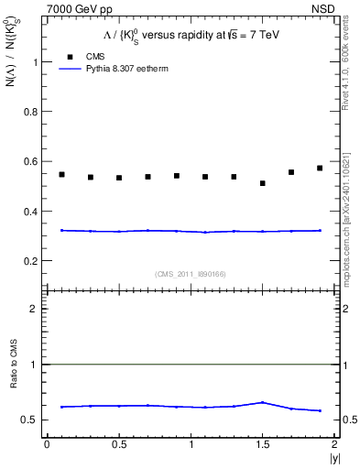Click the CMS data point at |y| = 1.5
pyautogui.click(x=262, y=183)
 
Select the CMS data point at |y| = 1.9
pyautogui.click(x=320, y=169)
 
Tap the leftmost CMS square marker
pyautogui.click(x=61, y=174)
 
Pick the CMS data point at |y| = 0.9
pyautogui.click(x=176, y=176)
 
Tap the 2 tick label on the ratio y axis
pyautogui.click(x=34, y=309)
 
